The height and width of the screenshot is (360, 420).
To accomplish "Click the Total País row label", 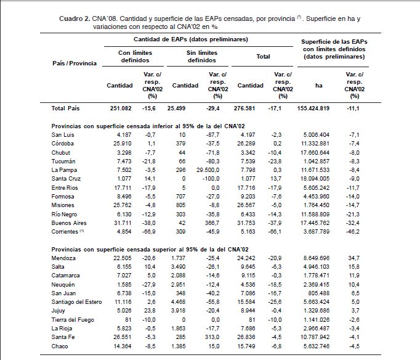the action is pyautogui.click(x=65, y=108).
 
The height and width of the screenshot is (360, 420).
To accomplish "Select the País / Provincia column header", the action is pyautogui.click(x=75, y=63).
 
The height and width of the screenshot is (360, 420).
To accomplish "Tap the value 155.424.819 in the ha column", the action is pyautogui.click(x=313, y=108).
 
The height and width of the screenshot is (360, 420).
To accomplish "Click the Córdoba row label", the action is pyautogui.click(x=62, y=144).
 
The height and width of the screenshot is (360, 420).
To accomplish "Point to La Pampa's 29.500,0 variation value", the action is pyautogui.click(x=208, y=170).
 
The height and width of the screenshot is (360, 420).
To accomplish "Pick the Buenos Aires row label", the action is pyautogui.click(x=69, y=223).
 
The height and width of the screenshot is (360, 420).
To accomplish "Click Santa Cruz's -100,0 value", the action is pyautogui.click(x=211, y=179).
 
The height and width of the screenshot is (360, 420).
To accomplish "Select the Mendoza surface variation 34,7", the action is pyautogui.click(x=354, y=258).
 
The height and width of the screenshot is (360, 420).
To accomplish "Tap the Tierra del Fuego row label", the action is pyautogui.click(x=73, y=320).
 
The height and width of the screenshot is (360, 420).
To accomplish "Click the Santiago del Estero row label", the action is pyautogui.click(x=76, y=302).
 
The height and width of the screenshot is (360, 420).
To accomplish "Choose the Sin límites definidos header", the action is pyautogui.click(x=202, y=57).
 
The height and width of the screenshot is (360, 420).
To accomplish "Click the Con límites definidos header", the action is pyautogui.click(x=135, y=57).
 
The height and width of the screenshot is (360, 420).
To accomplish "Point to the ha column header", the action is pyautogui.click(x=318, y=86).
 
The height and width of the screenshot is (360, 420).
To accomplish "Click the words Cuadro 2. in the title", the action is pyautogui.click(x=75, y=18).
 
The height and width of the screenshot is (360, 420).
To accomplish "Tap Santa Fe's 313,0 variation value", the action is pyautogui.click(x=214, y=337).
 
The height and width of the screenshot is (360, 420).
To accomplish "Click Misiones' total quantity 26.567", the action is pyautogui.click(x=246, y=205).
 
